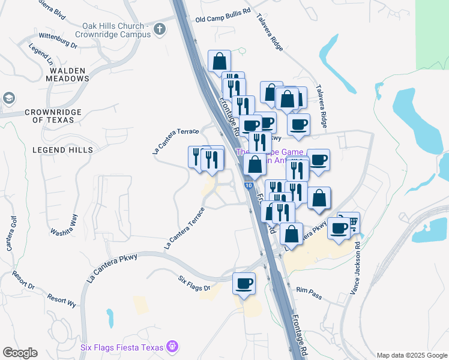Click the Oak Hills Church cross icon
(x=159, y=28)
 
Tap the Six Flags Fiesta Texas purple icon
(x=172, y=346)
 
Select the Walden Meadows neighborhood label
(x=66, y=74)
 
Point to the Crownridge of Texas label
(x=49, y=116)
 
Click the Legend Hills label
(x=63, y=149)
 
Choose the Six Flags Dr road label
(x=194, y=284)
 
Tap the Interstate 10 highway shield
(x=248, y=185)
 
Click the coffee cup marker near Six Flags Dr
(x=244, y=283)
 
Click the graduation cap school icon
(x=8, y=97)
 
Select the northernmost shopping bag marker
(x=220, y=61)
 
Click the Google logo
(x=20, y=353)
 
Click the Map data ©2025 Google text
(x=412, y=355)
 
